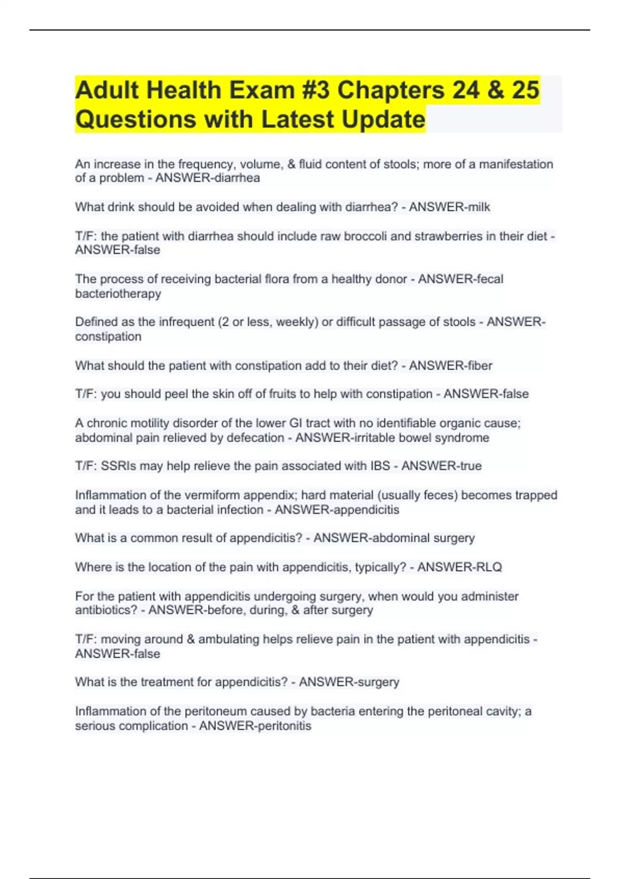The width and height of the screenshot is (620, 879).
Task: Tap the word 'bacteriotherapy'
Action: (118, 294)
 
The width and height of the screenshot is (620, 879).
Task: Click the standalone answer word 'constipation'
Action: (108, 337)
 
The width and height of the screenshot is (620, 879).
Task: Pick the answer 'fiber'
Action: (478, 366)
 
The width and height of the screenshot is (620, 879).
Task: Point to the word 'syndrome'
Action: (461, 438)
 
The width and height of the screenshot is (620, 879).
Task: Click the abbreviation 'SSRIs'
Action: (118, 466)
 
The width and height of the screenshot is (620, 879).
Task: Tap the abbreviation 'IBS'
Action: (380, 466)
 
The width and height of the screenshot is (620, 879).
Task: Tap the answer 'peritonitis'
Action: (283, 726)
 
